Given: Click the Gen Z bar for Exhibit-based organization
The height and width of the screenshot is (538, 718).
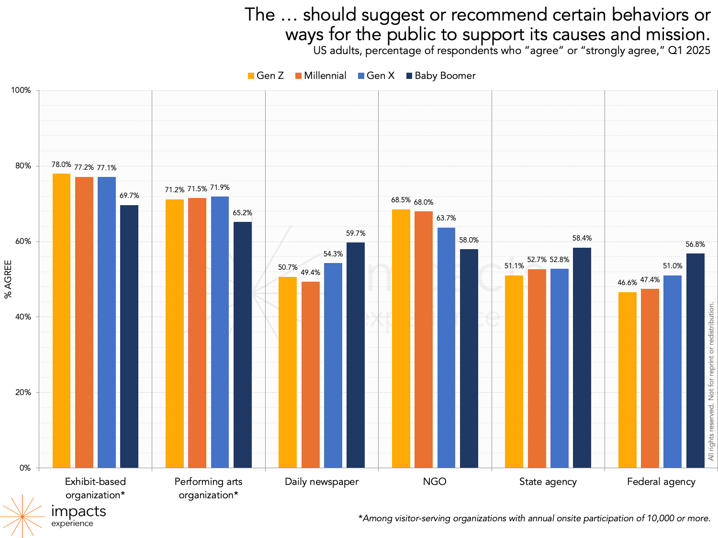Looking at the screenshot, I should pos(61,320).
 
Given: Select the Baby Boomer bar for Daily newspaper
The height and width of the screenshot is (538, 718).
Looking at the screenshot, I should pos(356,355).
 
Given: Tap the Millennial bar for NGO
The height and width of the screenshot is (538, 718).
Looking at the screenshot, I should pos(424,340).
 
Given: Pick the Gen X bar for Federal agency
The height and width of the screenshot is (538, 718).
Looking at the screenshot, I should pos(673,372).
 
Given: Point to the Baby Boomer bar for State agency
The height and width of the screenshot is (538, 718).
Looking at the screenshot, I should pos(582,358).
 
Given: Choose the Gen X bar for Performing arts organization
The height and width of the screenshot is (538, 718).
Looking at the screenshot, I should pos(220,332).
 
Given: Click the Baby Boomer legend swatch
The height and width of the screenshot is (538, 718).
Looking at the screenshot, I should pos(409,76).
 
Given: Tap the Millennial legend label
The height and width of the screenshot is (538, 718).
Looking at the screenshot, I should pos(325,76).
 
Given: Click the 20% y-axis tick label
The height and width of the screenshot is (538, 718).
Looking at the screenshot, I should pos(23,393).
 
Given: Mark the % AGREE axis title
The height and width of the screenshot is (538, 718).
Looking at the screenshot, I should pos(8,279).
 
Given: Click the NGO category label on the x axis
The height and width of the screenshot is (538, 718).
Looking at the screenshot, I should pos(435,482).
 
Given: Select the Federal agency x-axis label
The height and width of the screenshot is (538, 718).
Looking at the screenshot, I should pos(661,482).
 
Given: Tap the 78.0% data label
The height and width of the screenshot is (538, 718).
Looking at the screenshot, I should pos(61,165).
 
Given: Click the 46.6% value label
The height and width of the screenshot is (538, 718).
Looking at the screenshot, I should pos(627,283).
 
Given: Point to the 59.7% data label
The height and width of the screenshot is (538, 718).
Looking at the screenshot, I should pos(356,233).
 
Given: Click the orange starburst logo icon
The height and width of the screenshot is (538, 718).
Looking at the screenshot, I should pos(22,516).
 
